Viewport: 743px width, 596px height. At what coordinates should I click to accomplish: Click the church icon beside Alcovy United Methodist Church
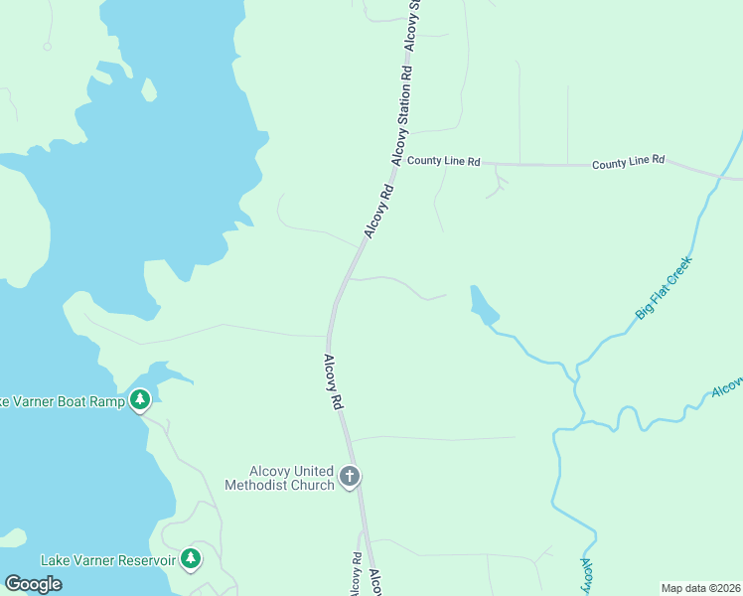tap(349, 477)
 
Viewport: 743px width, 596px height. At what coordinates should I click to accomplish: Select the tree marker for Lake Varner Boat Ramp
tap(140, 400)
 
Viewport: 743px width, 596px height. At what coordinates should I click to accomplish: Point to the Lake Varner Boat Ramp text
tap(62, 401)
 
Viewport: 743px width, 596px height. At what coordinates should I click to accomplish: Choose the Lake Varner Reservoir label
tap(107, 559)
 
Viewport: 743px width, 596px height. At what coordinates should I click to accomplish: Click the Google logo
tap(33, 584)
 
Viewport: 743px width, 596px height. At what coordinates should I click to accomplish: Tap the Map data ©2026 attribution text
tap(701, 588)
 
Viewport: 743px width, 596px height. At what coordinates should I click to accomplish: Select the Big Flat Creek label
tap(663, 288)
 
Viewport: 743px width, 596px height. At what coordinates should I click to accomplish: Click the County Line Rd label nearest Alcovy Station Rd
tap(444, 161)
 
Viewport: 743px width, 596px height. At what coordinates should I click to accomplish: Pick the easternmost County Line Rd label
tap(628, 162)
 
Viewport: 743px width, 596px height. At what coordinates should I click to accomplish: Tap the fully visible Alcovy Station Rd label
tap(401, 118)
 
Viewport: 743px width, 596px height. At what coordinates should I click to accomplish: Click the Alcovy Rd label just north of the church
tap(334, 381)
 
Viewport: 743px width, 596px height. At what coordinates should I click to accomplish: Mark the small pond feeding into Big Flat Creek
tap(483, 305)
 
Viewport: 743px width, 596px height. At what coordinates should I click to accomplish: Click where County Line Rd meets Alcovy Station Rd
tap(401, 162)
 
